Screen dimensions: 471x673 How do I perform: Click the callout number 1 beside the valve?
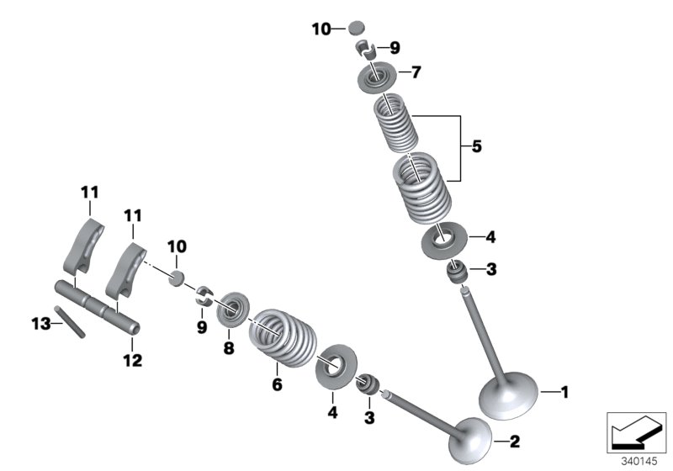(x=564, y=391)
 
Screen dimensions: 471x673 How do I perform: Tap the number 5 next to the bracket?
(x=476, y=147)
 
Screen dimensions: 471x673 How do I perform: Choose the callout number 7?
(x=416, y=72)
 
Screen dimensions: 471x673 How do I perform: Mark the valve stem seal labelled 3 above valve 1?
(x=458, y=273)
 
